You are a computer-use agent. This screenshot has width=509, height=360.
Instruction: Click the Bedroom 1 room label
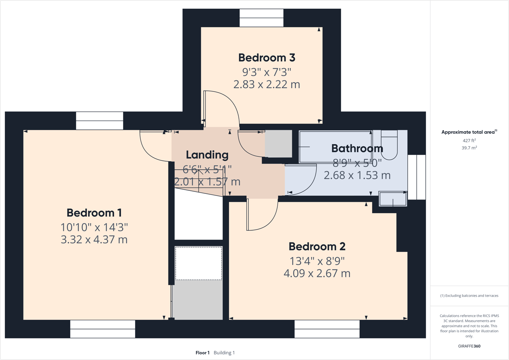[94, 212]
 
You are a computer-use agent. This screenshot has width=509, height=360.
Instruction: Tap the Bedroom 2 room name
[317, 247]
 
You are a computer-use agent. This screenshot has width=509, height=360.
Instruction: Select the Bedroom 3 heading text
[266, 58]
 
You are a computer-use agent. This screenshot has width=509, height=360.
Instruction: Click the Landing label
[207, 155]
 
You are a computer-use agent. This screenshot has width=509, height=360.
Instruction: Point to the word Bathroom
[357, 148]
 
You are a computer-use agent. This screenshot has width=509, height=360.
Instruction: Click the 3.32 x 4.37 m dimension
[94, 240]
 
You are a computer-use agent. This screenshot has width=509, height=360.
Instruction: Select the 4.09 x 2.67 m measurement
[317, 273]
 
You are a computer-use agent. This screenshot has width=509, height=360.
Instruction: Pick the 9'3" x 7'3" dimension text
[266, 72]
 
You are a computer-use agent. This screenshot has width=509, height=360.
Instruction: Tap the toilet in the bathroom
[389, 145]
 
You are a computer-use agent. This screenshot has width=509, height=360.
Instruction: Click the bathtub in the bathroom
[336, 146]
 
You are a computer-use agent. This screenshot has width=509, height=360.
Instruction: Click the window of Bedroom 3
[261, 18]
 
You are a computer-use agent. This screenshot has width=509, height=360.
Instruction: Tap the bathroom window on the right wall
[416, 177]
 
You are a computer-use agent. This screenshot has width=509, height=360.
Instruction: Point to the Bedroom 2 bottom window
[327, 329]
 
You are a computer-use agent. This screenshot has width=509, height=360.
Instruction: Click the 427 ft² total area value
[469, 141]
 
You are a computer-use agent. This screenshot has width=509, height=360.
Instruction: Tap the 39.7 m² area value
[469, 148]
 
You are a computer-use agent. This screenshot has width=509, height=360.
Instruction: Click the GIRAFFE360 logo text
[469, 346]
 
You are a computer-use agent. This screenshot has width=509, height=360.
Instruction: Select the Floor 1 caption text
[203, 353]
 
